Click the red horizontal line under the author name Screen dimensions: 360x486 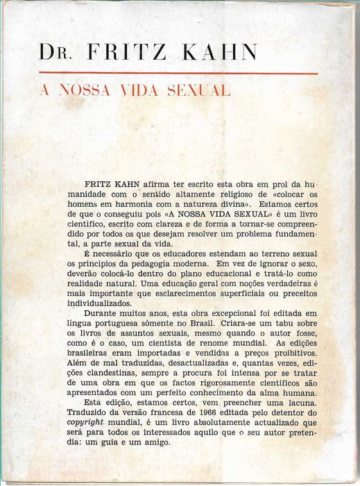coord(178,73)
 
